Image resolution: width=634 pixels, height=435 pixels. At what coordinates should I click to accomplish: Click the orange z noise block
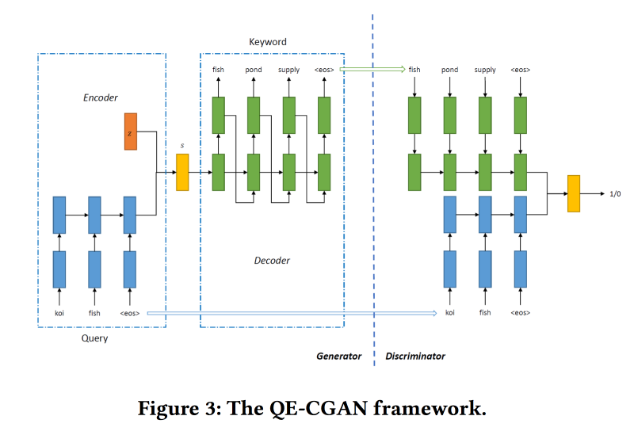click(131, 132)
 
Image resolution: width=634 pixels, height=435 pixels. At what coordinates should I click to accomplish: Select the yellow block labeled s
click(182, 172)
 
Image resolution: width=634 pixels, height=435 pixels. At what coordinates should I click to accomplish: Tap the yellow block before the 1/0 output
click(574, 193)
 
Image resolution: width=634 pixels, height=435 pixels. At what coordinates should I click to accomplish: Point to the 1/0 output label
click(615, 193)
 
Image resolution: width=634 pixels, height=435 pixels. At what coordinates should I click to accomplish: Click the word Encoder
click(101, 97)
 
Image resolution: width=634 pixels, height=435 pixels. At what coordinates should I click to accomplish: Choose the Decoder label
click(272, 260)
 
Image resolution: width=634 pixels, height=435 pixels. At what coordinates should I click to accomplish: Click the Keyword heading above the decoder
click(267, 42)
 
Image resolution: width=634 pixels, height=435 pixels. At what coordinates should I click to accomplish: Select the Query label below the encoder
click(95, 338)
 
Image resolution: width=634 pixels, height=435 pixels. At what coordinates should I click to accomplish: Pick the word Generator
click(339, 357)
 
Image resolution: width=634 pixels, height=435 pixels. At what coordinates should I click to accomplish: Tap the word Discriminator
click(415, 357)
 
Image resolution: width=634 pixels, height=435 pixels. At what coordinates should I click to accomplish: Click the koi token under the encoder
click(59, 313)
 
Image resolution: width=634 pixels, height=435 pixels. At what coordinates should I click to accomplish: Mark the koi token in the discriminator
click(450, 313)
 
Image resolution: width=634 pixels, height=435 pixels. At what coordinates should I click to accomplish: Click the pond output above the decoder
click(253, 70)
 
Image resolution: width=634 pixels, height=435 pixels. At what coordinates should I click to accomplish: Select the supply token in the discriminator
click(485, 70)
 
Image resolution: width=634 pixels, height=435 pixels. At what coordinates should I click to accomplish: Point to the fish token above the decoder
click(218, 70)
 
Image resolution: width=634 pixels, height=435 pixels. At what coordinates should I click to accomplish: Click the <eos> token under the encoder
click(130, 313)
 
